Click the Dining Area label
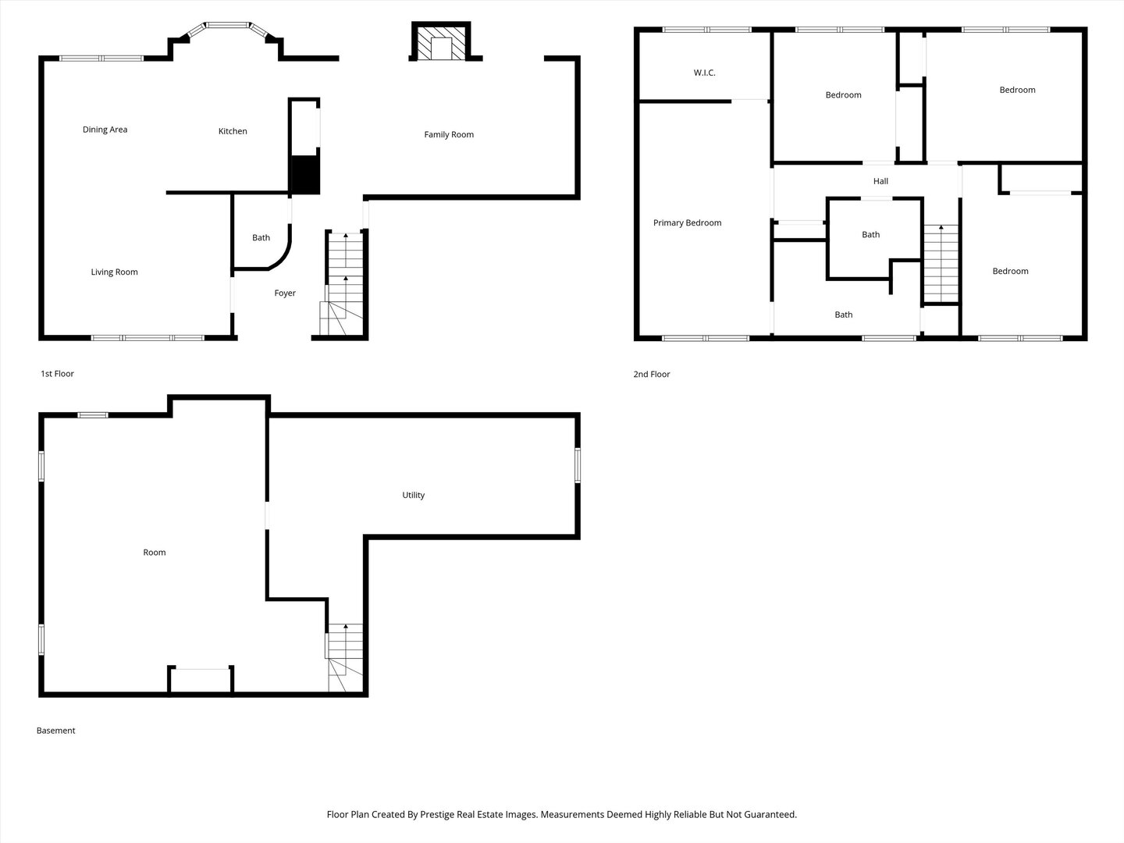(x=105, y=130)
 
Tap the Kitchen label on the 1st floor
(x=233, y=131)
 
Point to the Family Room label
(x=449, y=134)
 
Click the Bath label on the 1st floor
(x=261, y=238)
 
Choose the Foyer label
(x=285, y=293)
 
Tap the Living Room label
(x=114, y=272)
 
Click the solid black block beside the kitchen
(x=304, y=175)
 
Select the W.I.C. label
(x=704, y=73)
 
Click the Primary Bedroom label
(x=687, y=223)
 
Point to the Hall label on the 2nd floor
(x=880, y=181)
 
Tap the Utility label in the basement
(x=413, y=495)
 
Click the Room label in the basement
(x=155, y=553)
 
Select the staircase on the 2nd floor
(x=941, y=264)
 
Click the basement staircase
(x=345, y=657)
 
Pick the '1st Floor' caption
(x=57, y=374)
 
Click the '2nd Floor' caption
(x=651, y=375)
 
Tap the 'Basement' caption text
(x=56, y=731)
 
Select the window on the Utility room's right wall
(x=578, y=465)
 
